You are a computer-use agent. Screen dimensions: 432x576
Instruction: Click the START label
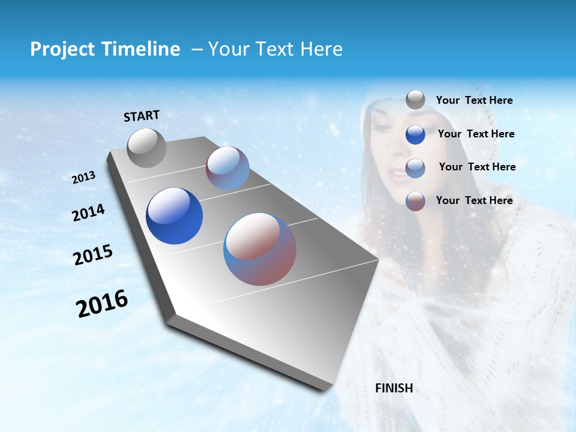coord(142,116)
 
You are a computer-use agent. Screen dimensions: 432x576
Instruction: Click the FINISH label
coord(394,388)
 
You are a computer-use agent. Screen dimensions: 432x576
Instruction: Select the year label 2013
coord(83,178)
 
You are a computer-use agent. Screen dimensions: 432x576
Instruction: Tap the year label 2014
coord(88,213)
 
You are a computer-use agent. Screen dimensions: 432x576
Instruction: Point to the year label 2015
coord(92,255)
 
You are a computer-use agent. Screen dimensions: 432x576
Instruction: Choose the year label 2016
coord(102,304)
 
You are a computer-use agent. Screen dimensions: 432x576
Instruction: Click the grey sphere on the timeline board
coord(146,148)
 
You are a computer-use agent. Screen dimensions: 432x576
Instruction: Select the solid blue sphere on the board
coord(174,216)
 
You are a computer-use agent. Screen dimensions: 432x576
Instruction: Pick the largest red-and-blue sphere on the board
coord(260,249)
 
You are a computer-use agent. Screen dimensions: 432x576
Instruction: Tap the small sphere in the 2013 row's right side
coord(227,168)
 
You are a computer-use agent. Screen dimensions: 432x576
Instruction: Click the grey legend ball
coord(415,100)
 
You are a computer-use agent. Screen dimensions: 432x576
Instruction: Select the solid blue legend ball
coord(415,134)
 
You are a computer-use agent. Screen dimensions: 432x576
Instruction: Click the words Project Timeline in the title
coord(105,49)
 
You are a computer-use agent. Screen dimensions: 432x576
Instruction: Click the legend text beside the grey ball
coord(474,100)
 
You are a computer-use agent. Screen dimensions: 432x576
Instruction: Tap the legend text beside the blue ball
coord(476,134)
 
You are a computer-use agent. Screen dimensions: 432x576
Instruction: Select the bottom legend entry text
coord(474,200)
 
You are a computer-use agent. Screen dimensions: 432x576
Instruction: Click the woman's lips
coord(397,176)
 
